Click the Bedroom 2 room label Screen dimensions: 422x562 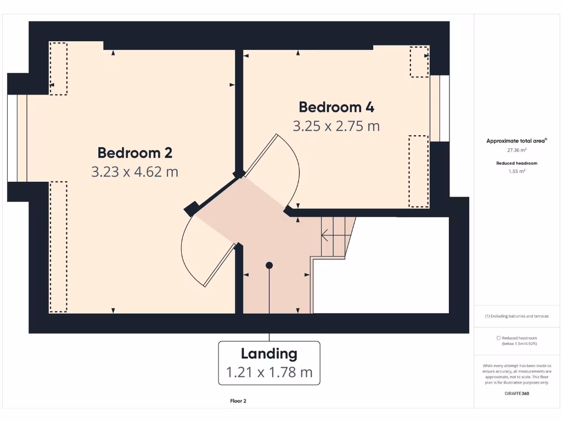[x=134, y=152]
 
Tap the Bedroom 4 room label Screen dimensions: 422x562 [x=336, y=107]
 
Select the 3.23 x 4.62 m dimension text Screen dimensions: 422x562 [x=134, y=172]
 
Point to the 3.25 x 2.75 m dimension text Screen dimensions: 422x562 [x=336, y=126]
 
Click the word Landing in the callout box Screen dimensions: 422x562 [x=269, y=354]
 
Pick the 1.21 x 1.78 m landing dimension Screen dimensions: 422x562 [x=269, y=373]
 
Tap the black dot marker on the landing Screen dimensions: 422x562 [x=269, y=265]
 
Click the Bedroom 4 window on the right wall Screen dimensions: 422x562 [x=440, y=108]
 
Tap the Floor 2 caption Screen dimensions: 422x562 [x=238, y=401]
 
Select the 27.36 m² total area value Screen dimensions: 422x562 [x=516, y=149]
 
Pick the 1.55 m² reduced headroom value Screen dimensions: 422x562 [x=516, y=171]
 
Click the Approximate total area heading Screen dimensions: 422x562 [x=516, y=141]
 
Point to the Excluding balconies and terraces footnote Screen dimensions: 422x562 [x=516, y=316]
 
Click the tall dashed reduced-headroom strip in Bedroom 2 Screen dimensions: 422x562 [x=58, y=247]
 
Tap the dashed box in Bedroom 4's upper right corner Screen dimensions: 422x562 [x=419, y=62]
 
